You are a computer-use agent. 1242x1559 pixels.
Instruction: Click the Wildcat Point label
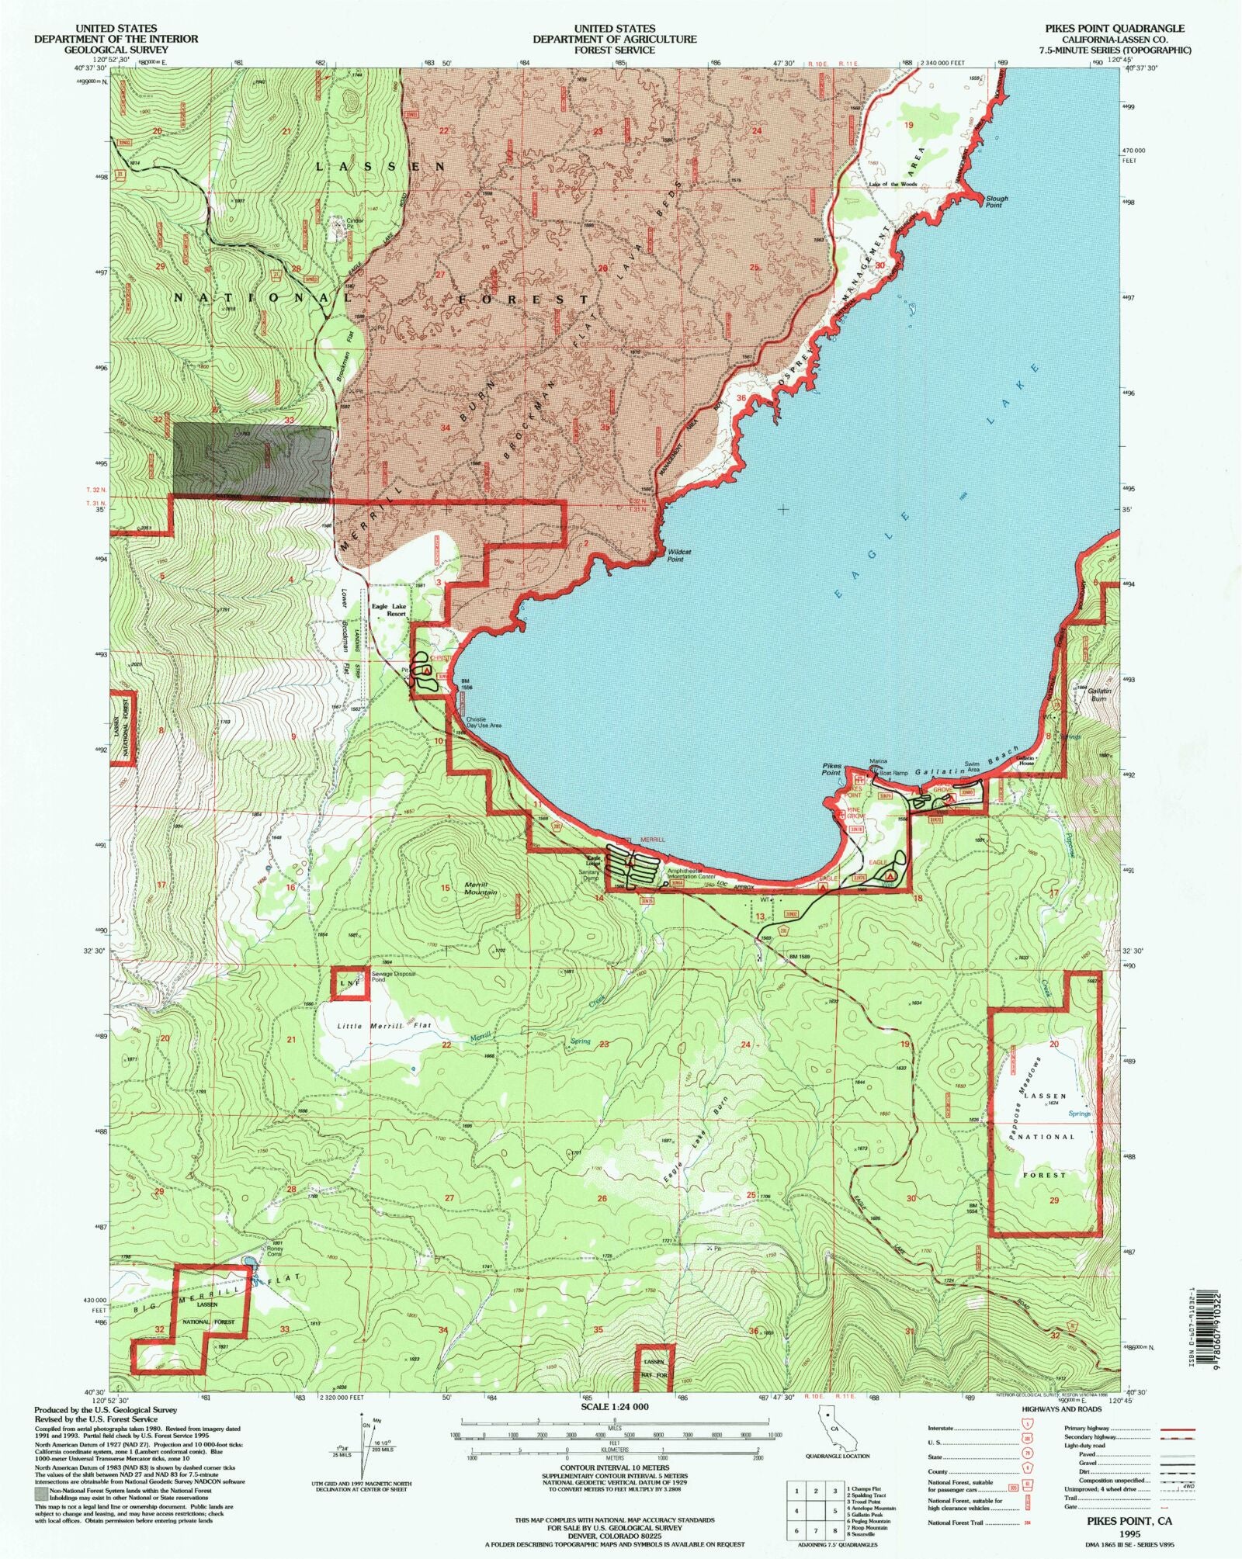pos(679,555)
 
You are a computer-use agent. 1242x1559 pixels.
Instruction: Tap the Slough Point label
pos(997,202)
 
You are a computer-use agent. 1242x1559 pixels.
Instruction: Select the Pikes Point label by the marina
pos(831,769)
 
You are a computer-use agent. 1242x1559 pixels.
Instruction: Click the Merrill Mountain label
pos(480,889)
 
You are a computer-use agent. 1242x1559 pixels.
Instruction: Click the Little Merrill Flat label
pos(384,1026)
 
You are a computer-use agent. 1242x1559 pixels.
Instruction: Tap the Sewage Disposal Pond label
pos(394,976)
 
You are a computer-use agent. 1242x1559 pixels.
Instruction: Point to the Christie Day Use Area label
pos(483,722)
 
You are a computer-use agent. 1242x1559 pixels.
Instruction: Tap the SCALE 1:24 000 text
pos(614,1406)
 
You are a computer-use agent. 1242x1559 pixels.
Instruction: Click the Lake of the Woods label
pos(893,185)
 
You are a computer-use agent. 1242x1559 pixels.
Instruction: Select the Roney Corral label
pos(274,1250)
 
